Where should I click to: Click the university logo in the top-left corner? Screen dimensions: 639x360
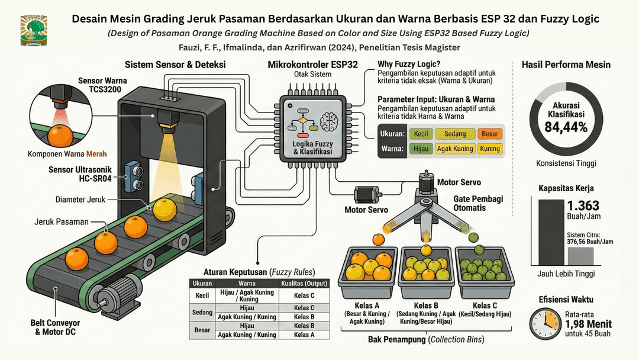pyautogui.click(x=33, y=30)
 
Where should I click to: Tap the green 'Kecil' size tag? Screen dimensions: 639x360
pyautogui.click(x=421, y=134)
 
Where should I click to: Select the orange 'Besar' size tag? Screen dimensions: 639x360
pyautogui.click(x=489, y=134)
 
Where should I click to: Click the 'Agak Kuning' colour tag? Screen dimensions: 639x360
pyautogui.click(x=455, y=149)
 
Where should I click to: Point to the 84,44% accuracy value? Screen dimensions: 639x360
pyautogui.click(x=566, y=128)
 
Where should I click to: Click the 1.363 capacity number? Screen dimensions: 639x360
pyautogui.click(x=583, y=205)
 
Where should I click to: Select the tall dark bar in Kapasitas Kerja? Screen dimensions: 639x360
pyautogui.click(x=551, y=232)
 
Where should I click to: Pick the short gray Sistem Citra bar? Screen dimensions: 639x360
pyautogui.click(x=580, y=256)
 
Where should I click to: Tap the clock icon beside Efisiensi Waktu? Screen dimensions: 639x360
pyautogui.click(x=546, y=324)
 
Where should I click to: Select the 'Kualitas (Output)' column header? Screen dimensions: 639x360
pyautogui.click(x=304, y=284)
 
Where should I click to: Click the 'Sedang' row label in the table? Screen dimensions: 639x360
pyautogui.click(x=202, y=312)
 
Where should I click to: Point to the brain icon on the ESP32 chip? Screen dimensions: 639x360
pyautogui.click(x=330, y=121)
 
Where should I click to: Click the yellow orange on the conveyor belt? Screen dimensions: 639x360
pyautogui.click(x=164, y=210)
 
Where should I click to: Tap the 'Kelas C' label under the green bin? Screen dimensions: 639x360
pyautogui.click(x=485, y=306)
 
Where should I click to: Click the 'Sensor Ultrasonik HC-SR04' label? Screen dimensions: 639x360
pyautogui.click(x=80, y=173)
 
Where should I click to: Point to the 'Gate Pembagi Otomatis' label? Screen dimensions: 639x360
pyautogui.click(x=478, y=203)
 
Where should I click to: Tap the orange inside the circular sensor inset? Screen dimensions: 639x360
pyautogui.click(x=60, y=136)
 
